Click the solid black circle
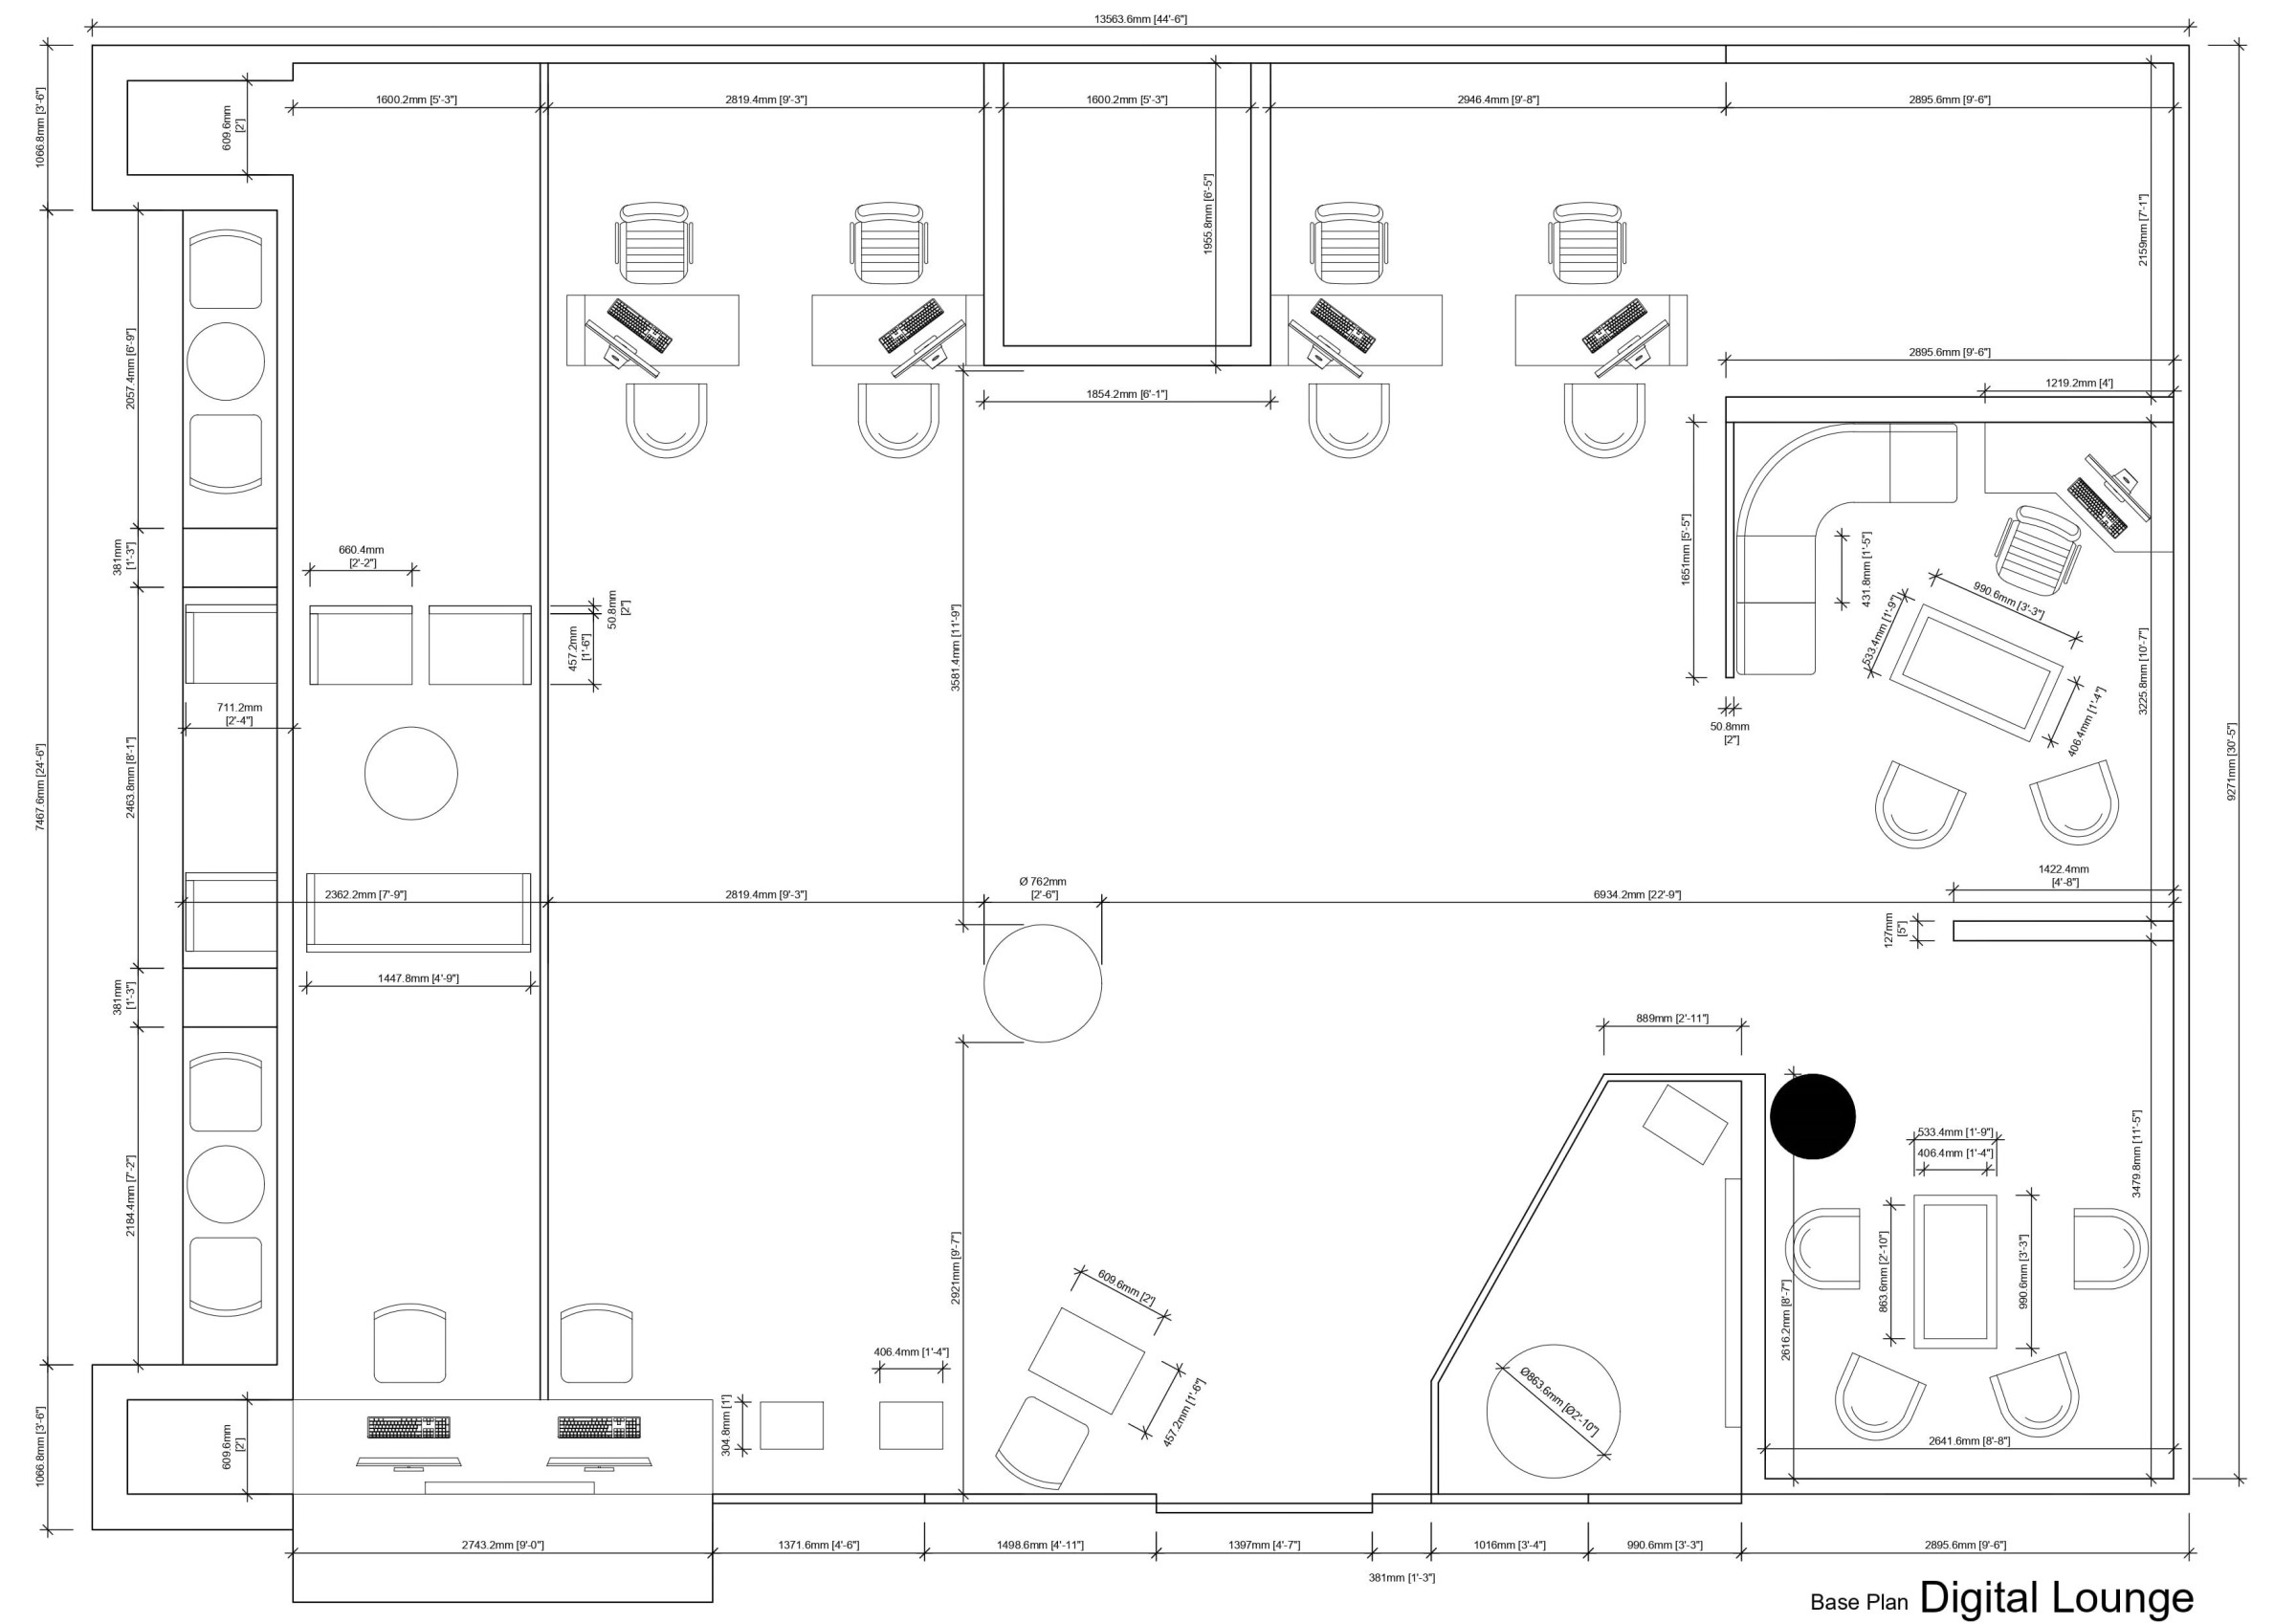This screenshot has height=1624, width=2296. tap(1812, 1116)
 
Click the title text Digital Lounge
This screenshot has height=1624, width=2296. tap(2056, 1597)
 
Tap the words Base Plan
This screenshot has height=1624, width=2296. tap(1859, 1602)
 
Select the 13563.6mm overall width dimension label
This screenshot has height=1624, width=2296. tap(1140, 19)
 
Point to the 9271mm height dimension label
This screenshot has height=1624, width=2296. tap(2231, 762)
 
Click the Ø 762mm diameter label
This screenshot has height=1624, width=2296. tap(1042, 888)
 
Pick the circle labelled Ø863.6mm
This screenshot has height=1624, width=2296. tap(1553, 1410)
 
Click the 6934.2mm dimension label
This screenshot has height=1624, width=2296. tap(1637, 894)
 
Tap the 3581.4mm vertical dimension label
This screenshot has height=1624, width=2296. tap(956, 648)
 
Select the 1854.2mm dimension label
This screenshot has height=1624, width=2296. tap(1126, 394)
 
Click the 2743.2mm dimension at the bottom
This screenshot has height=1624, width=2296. tap(502, 1545)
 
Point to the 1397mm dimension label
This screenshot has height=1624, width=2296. tap(1264, 1545)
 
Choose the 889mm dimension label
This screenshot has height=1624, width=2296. tap(1672, 1018)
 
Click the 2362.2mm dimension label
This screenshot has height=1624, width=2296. tap(365, 894)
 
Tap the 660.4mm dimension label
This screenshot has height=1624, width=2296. tap(361, 556)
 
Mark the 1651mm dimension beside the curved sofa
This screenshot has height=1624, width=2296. tap(1686, 549)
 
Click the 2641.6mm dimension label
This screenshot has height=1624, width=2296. tap(1969, 1441)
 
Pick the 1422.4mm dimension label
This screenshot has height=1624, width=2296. tap(2064, 875)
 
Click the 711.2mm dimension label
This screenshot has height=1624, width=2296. tap(239, 713)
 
